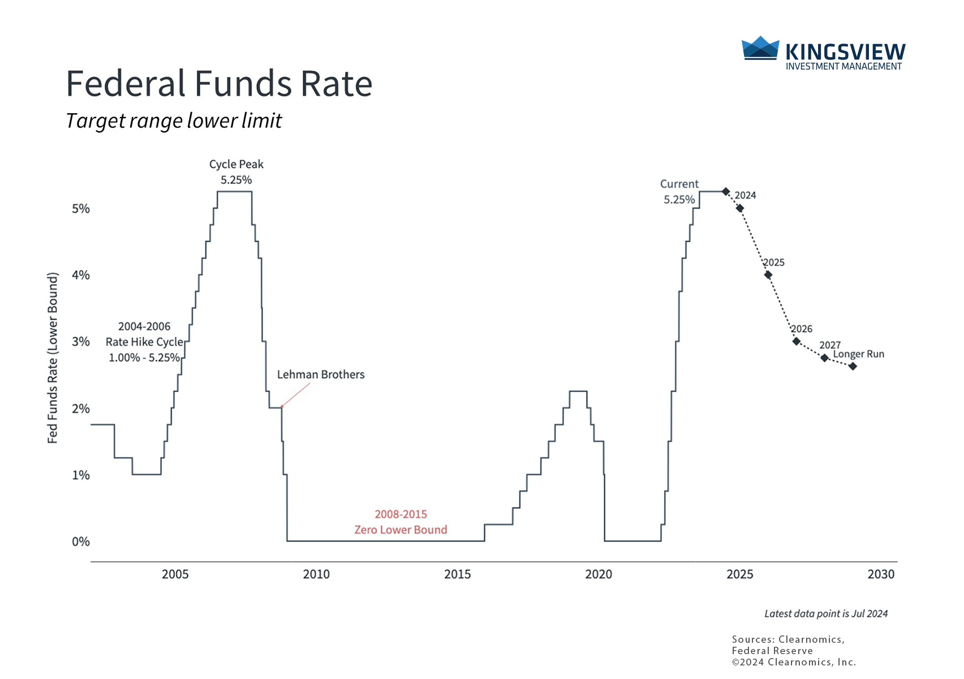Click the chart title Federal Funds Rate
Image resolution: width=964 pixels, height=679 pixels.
(219, 84)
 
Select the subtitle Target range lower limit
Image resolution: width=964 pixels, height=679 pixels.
(174, 121)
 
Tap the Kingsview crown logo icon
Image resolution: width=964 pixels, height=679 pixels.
(760, 48)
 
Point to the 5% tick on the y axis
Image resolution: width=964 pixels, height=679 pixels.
(81, 209)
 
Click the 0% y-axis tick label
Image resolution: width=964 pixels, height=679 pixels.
(81, 542)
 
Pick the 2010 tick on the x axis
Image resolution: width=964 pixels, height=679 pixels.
(316, 574)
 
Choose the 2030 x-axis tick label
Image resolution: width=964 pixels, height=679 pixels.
(881, 574)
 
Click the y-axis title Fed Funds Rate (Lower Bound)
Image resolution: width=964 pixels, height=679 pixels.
(53, 358)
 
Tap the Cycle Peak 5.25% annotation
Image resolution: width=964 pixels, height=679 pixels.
(236, 172)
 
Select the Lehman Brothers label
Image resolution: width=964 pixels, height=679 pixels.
(321, 375)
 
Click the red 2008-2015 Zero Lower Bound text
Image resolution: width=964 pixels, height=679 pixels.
(401, 522)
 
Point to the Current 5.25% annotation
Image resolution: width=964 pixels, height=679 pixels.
(679, 192)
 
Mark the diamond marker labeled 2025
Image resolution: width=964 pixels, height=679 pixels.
(768, 275)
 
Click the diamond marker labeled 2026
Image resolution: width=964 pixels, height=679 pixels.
(797, 341)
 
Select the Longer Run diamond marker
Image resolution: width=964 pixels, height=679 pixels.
(853, 366)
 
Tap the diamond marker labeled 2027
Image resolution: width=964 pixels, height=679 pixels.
(825, 358)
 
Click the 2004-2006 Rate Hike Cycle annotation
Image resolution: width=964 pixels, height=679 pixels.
(144, 342)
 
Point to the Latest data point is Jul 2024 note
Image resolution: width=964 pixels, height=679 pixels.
(826, 614)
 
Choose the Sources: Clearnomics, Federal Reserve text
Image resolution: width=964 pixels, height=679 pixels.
(788, 645)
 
